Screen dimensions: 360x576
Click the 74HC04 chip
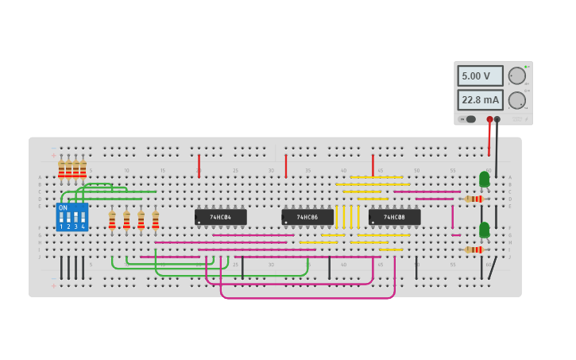[220, 217]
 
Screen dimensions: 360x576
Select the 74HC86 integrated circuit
[307, 217]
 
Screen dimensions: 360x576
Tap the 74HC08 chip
[394, 217]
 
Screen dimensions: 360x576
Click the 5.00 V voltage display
[480, 76]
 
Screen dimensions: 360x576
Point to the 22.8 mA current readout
[480, 100]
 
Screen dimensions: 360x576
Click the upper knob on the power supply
[516, 75]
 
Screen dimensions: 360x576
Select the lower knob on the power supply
[516, 101]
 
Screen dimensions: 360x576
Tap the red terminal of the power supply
[489, 119]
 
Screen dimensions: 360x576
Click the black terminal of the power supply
[497, 119]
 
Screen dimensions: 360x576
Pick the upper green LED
[484, 179]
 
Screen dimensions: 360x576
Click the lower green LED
[484, 230]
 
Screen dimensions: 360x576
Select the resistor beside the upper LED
[474, 199]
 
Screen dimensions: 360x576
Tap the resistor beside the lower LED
[474, 250]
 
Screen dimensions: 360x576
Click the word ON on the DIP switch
[64, 208]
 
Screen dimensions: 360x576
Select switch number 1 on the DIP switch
[61, 217]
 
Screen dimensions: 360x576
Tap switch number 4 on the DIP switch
[83, 217]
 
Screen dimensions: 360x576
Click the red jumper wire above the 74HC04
[199, 165]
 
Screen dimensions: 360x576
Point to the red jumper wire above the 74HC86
[286, 165]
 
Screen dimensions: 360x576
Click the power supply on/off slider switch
[470, 119]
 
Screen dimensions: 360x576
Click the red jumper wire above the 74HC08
[373, 165]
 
